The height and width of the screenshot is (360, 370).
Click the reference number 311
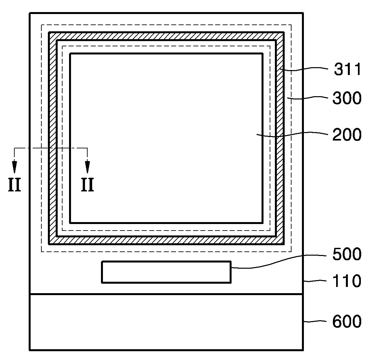pyautogui.click(x=347, y=70)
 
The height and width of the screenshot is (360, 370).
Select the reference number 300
pyautogui.click(x=347, y=98)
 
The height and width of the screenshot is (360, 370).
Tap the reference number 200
pyautogui.click(x=347, y=135)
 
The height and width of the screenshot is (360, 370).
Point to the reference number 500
pyautogui.click(x=347, y=254)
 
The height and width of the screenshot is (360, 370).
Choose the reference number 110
pyautogui.click(x=347, y=281)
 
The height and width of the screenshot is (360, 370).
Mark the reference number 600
pyautogui.click(x=347, y=322)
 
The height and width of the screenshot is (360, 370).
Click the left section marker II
pyautogui.click(x=14, y=185)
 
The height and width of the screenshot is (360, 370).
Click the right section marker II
pyautogui.click(x=87, y=185)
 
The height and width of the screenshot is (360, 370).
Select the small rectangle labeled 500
pyautogui.click(x=166, y=272)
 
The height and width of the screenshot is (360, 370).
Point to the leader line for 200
pyautogui.click(x=293, y=135)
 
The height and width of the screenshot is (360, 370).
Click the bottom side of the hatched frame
pyautogui.click(x=166, y=240)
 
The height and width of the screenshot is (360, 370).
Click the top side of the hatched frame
pyautogui.click(x=166, y=36)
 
